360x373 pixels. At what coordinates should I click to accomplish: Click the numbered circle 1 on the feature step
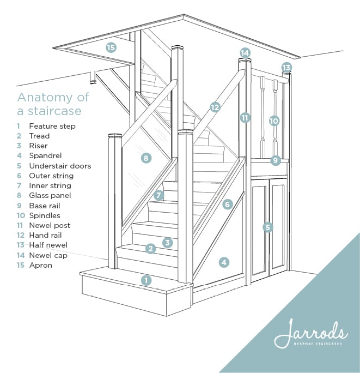pyautogui.click(x=146, y=280)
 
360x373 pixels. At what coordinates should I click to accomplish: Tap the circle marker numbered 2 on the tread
pyautogui.click(x=150, y=249)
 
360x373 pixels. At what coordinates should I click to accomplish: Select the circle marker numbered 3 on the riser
pyautogui.click(x=168, y=243)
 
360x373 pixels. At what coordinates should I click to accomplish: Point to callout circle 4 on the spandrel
pyautogui.click(x=224, y=262)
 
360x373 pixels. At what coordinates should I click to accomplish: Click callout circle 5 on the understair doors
pyautogui.click(x=268, y=227)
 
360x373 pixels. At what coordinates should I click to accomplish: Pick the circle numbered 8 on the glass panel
pyautogui.click(x=146, y=158)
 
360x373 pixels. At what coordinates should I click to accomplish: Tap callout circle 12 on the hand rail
pyautogui.click(x=215, y=107)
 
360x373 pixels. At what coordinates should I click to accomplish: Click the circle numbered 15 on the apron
pyautogui.click(x=111, y=47)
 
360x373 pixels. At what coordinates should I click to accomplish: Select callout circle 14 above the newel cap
pyautogui.click(x=245, y=53)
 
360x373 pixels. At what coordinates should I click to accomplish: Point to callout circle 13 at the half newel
pyautogui.click(x=286, y=68)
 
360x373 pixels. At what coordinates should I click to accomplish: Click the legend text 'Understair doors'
pyautogui.click(x=60, y=166)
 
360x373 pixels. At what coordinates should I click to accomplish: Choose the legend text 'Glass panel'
pyautogui.click(x=50, y=196)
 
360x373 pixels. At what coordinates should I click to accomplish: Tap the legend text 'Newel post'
pyautogui.click(x=50, y=225)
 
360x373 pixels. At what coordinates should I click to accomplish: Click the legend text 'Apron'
pyautogui.click(x=41, y=265)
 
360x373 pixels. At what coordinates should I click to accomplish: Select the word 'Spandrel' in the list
pyautogui.click(x=45, y=155)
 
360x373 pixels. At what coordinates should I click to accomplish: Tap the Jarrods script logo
pyautogui.click(x=311, y=333)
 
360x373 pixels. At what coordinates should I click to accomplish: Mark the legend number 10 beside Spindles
pyautogui.click(x=21, y=215)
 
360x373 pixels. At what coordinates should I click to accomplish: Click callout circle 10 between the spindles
pyautogui.click(x=274, y=121)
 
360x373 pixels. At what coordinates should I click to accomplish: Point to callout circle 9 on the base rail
pyautogui.click(x=275, y=160)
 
